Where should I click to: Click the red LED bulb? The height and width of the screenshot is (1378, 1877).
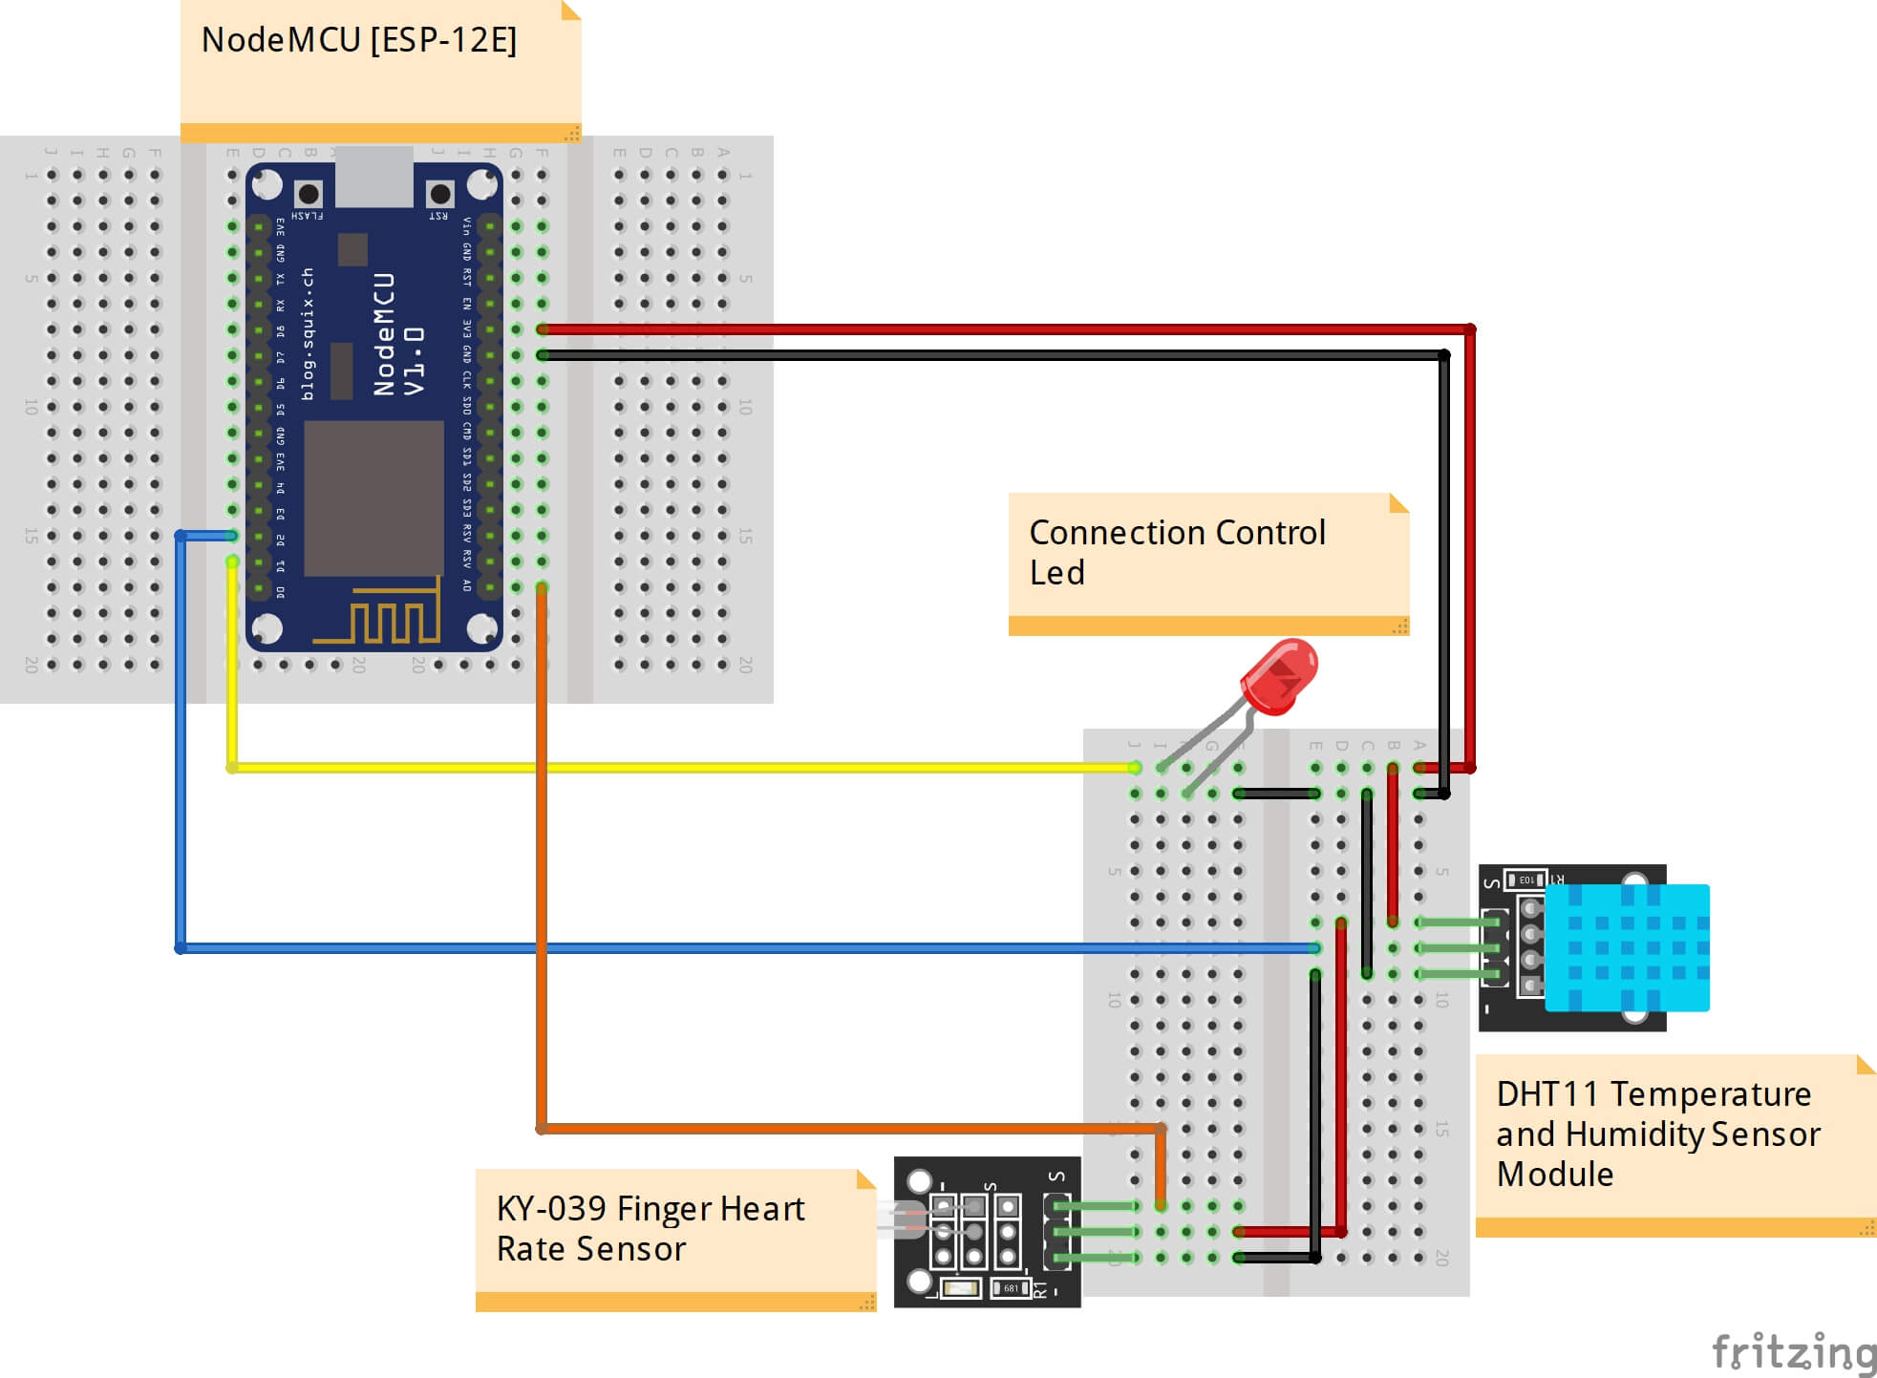click(1279, 676)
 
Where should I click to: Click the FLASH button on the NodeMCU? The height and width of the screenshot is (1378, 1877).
click(308, 194)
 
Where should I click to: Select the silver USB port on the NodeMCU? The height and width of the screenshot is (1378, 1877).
click(373, 177)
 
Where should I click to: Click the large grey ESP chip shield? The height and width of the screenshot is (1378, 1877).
click(373, 498)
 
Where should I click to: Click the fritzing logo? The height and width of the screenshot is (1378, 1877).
click(1792, 1351)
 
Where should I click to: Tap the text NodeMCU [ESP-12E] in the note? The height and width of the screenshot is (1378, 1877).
click(359, 40)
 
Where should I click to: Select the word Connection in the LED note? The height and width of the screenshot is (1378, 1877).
click(1109, 533)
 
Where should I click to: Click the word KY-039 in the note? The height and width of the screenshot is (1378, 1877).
click(551, 1209)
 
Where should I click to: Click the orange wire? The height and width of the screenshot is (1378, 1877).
click(542, 859)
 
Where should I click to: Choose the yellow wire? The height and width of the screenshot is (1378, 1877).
click(669, 767)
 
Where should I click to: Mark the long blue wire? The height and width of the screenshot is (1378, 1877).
click(669, 948)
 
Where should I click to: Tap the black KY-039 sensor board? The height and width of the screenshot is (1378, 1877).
click(987, 1232)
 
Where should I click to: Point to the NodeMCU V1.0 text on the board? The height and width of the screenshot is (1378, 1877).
click(398, 334)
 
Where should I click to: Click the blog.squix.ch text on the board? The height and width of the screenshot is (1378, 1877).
click(308, 334)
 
